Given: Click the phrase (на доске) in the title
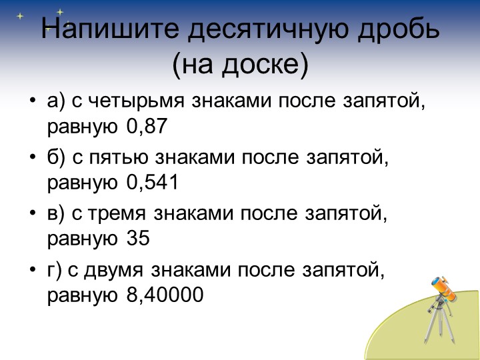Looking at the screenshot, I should (x=240, y=65).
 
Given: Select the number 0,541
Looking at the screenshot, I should (x=153, y=182).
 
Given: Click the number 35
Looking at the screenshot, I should (x=138, y=238).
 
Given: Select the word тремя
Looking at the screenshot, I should (x=119, y=214).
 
